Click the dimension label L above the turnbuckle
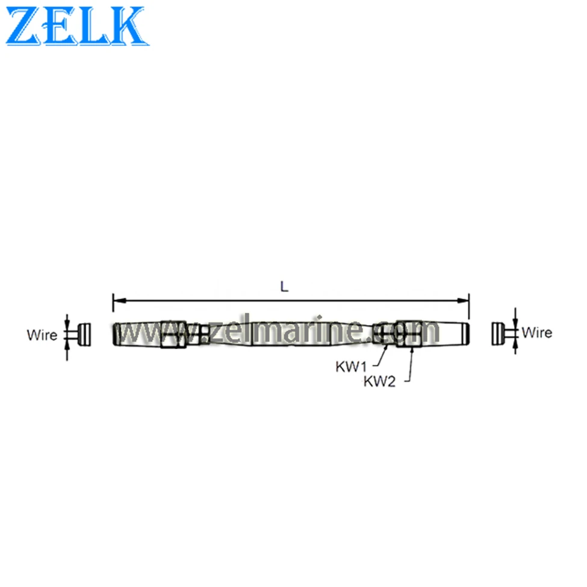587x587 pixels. click(x=284, y=287)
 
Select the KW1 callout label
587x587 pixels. click(x=351, y=367)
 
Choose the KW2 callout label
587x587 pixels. click(x=380, y=382)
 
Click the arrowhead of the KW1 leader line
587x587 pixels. click(x=387, y=347)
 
